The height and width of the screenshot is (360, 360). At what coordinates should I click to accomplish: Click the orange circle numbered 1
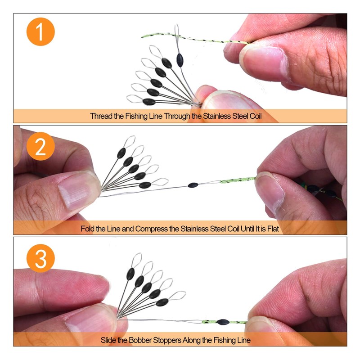point(40,31)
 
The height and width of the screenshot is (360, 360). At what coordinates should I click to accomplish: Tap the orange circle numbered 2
point(40,146)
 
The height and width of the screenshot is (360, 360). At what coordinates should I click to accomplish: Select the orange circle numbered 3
point(40,258)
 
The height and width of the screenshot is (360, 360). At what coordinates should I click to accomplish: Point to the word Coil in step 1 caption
point(256,116)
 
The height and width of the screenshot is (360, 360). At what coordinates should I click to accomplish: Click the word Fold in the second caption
point(87,229)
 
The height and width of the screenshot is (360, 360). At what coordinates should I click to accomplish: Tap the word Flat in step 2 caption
point(273,229)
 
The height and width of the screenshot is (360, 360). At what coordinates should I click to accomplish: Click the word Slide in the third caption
point(108,340)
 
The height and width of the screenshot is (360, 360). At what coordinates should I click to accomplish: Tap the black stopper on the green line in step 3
point(223,322)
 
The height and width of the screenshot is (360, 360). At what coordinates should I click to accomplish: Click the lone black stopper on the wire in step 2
point(193,185)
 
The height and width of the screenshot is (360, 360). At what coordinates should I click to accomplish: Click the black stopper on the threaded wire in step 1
point(180,60)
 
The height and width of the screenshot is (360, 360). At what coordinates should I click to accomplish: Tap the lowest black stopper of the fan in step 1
point(149,102)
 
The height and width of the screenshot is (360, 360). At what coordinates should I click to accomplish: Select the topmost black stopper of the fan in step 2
point(121,153)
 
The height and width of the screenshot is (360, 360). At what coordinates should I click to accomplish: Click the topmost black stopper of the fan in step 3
point(130,274)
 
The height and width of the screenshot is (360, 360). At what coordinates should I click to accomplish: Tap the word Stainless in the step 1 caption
point(217,116)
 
